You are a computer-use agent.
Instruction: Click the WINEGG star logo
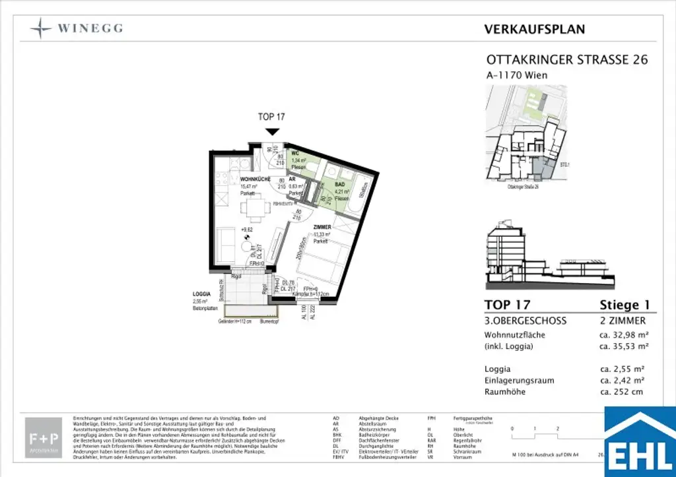42,28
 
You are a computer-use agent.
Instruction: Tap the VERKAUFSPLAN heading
534,29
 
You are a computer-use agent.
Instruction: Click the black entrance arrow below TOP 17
271,131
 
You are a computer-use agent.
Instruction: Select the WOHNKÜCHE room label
253,180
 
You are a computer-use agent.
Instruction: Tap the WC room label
296,153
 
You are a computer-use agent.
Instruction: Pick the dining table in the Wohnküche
253,210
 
